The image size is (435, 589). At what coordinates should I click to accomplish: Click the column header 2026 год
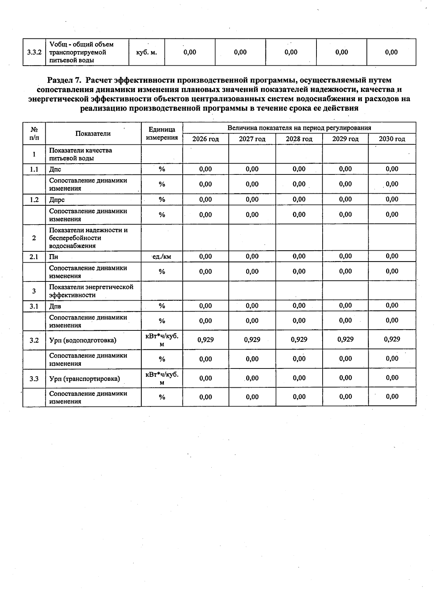click(206, 139)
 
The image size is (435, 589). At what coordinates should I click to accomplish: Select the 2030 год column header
click(392, 139)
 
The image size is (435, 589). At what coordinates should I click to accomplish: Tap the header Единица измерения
click(162, 133)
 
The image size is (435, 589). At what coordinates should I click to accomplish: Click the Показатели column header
click(93, 133)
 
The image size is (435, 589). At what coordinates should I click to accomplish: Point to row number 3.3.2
click(34, 52)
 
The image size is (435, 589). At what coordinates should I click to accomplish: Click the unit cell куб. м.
click(146, 52)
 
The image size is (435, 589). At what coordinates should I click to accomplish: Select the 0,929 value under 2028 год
click(299, 339)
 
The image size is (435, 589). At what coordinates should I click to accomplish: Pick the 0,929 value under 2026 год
click(206, 339)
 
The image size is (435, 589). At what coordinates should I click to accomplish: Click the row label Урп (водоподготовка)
click(83, 340)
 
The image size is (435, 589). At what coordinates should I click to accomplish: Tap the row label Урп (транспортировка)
click(84, 379)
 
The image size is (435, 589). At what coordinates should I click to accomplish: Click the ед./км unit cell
click(162, 257)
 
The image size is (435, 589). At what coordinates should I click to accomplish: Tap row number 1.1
click(34, 169)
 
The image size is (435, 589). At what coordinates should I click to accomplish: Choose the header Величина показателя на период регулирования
click(299, 128)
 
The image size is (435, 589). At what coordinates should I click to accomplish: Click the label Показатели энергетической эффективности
click(91, 291)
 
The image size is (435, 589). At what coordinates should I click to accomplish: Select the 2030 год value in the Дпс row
click(392, 169)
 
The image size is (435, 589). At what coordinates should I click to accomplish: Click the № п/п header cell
click(34, 133)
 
